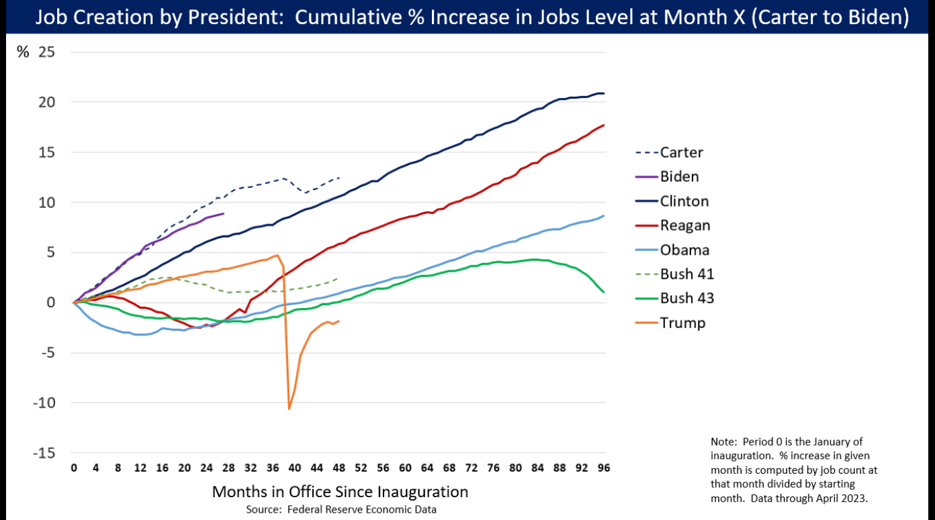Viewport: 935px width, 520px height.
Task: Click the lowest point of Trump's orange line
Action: pos(290,409)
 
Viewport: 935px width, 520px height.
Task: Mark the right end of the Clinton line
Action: pos(603,93)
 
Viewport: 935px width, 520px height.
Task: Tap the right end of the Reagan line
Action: pos(603,125)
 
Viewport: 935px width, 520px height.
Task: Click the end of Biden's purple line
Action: pos(223,214)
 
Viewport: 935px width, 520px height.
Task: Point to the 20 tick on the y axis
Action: pos(46,102)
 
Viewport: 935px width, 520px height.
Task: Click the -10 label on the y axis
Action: pos(42,403)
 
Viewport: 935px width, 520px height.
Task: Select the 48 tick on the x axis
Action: pos(339,468)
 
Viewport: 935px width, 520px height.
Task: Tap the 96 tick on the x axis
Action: pos(604,468)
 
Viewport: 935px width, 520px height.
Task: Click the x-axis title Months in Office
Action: pos(340,492)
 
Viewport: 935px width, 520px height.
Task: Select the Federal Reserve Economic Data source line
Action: pos(341,509)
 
